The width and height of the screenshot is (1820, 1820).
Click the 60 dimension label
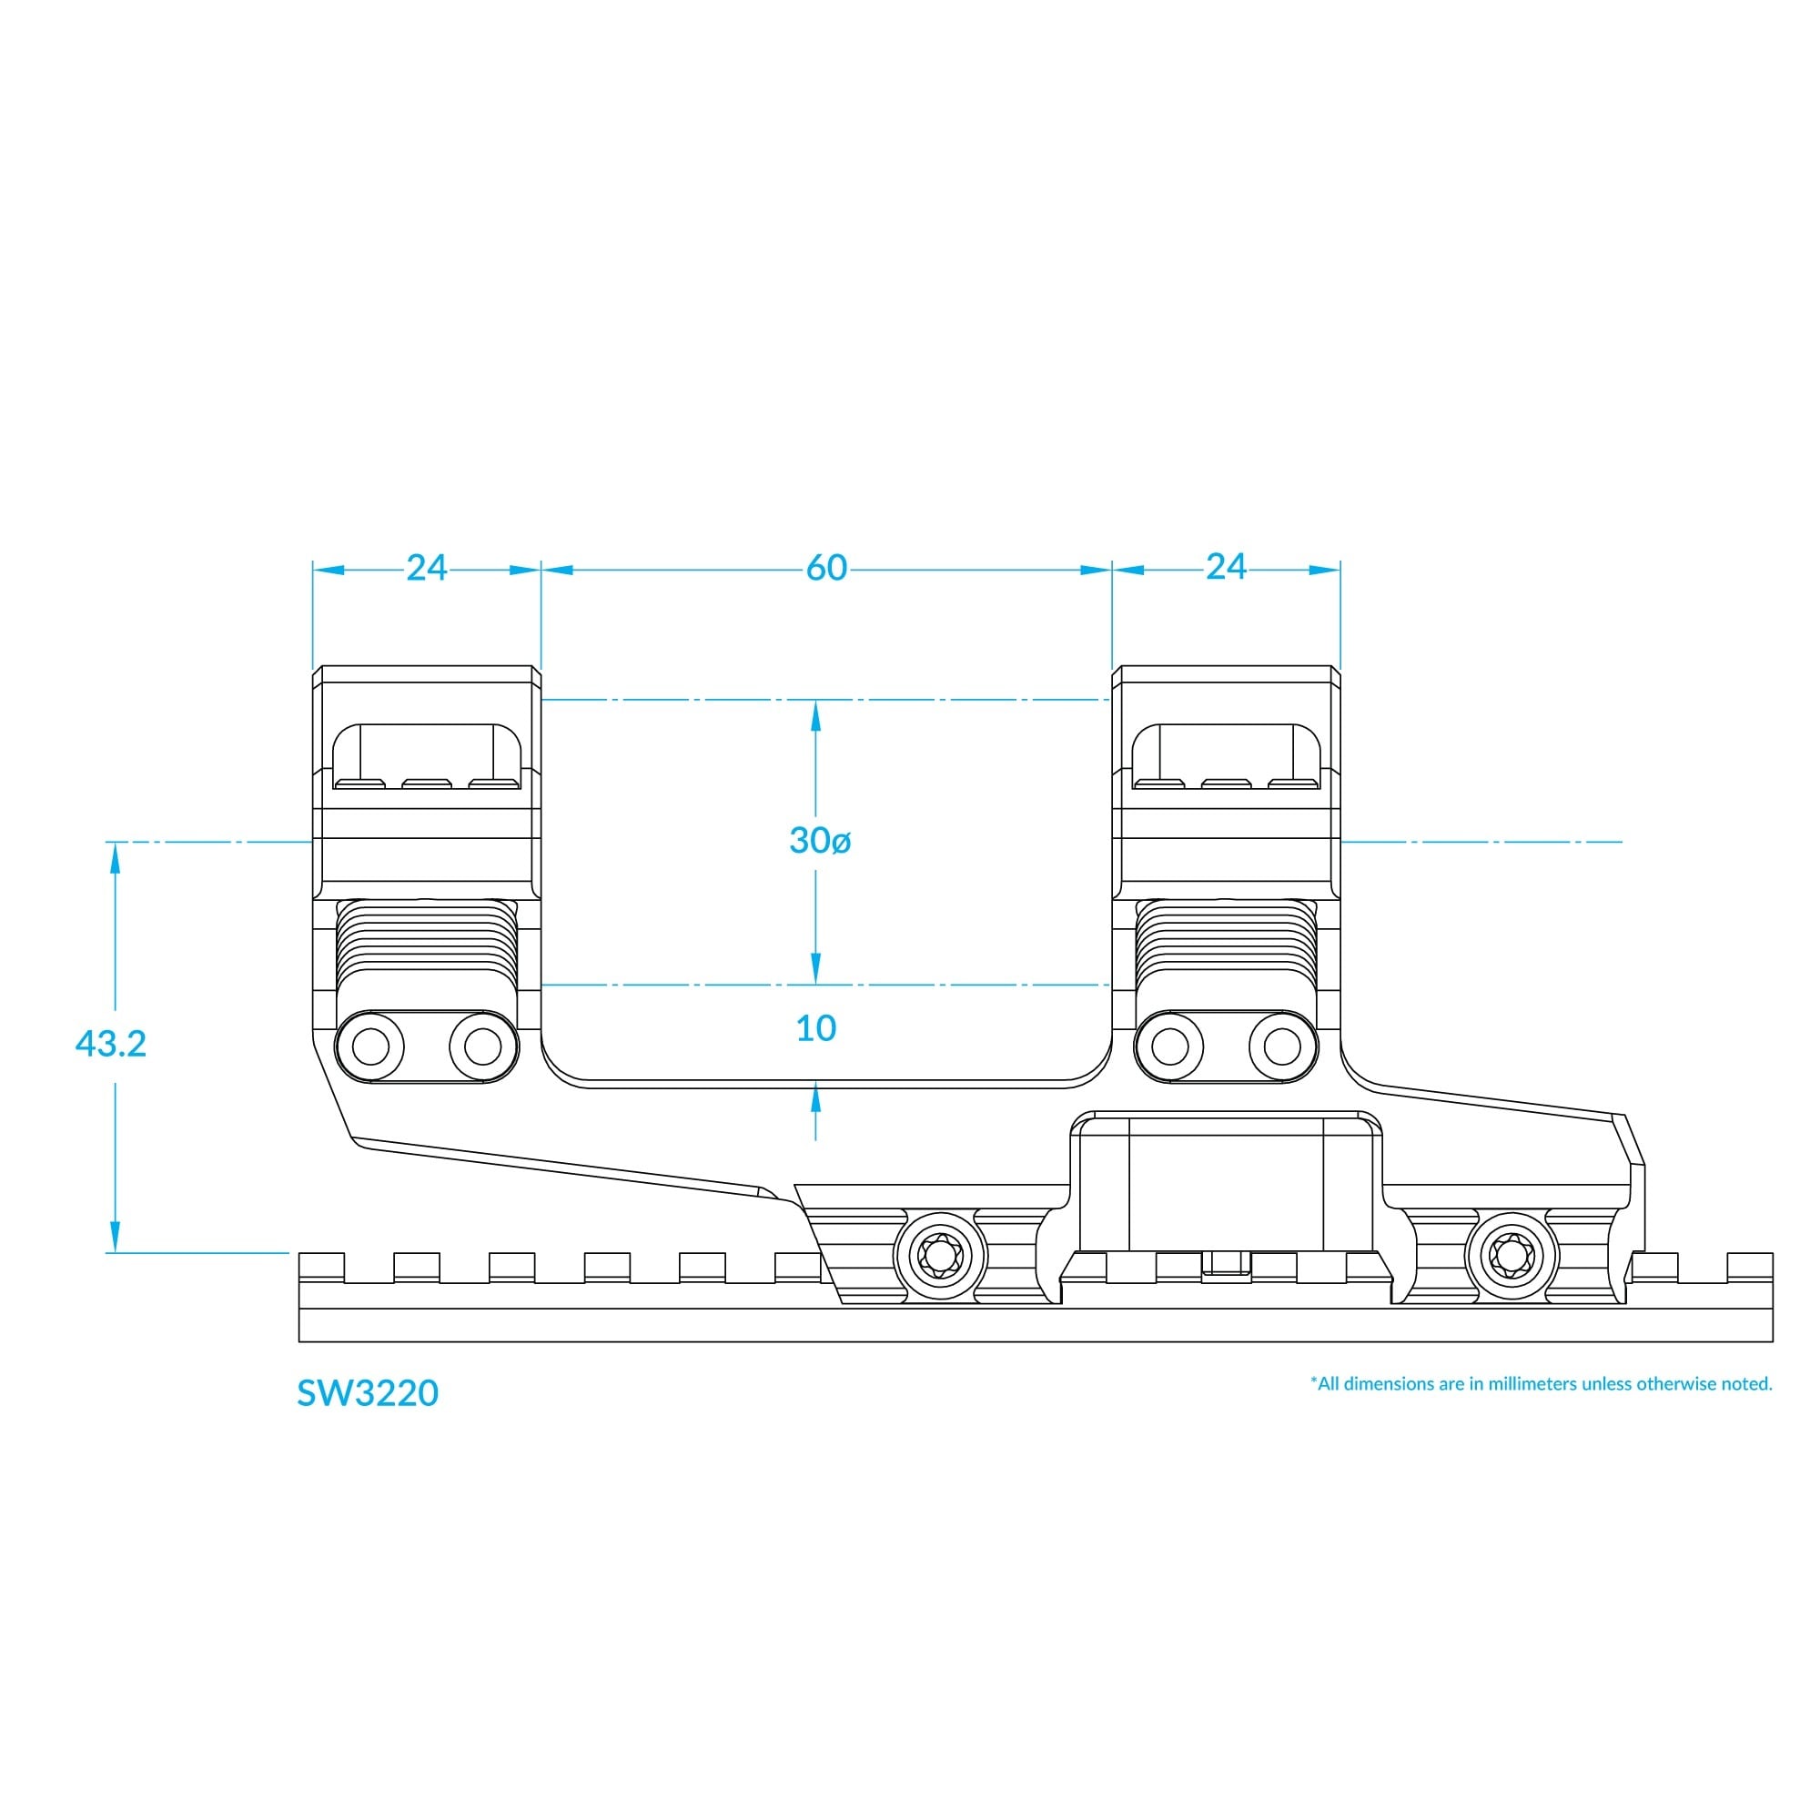826,567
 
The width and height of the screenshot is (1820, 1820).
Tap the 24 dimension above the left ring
426,567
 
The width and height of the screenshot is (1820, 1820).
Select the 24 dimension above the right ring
1226,567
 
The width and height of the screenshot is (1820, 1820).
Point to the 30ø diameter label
820,840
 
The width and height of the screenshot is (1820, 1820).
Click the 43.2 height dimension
110,1044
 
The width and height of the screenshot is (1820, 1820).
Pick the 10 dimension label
815,1028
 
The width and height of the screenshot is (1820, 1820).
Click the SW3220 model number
368,1393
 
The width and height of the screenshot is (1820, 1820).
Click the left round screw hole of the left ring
370,1046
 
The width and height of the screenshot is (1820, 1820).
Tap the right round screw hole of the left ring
483,1046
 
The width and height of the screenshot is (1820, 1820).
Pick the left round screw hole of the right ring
1170,1046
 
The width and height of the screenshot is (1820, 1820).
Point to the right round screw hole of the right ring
1282,1046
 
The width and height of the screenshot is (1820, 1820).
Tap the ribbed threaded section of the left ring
427,940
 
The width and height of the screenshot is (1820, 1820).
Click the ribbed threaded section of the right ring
1226,940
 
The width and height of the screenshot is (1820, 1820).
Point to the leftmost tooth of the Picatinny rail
321,1267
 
